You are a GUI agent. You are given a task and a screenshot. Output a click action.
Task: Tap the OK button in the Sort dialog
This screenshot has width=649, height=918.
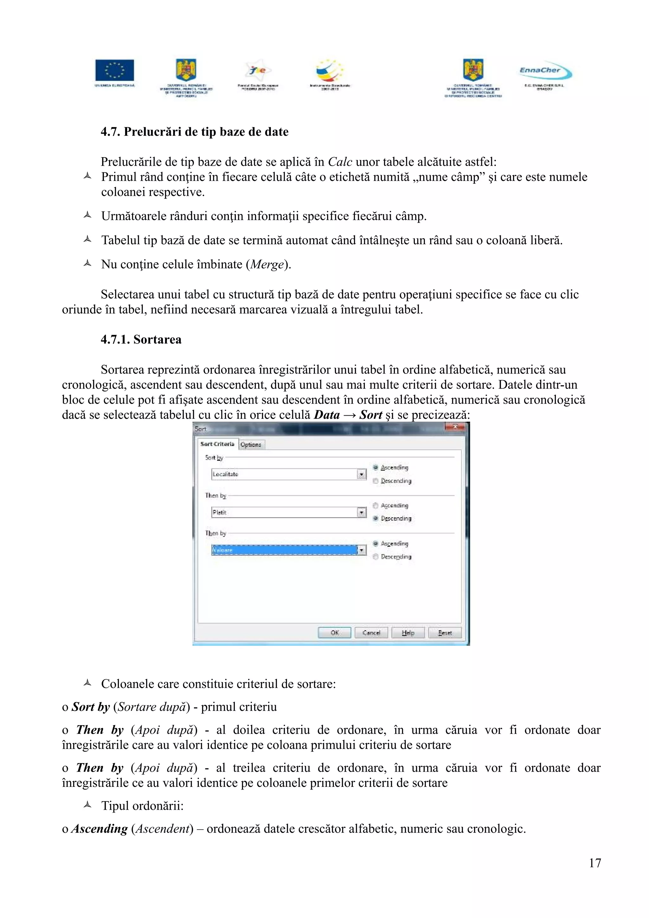pyautogui.click(x=334, y=633)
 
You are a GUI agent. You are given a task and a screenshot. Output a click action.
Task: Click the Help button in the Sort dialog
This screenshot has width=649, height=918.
pyautogui.click(x=408, y=633)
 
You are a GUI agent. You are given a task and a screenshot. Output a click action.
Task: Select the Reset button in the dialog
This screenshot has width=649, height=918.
pyautogui.click(x=445, y=633)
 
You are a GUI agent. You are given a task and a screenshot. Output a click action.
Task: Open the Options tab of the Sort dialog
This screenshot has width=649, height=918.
pyautogui.click(x=251, y=445)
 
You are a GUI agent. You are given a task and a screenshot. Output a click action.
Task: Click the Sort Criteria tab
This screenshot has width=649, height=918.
pyautogui.click(x=217, y=444)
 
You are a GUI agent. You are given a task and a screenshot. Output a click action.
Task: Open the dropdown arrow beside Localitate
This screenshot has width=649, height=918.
pyautogui.click(x=362, y=474)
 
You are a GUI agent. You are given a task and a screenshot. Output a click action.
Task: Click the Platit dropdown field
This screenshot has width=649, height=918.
pyautogui.click(x=284, y=512)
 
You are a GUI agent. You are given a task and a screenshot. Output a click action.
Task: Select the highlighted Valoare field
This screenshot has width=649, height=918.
pyautogui.click(x=284, y=550)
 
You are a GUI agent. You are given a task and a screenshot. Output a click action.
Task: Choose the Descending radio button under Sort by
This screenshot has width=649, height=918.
pyautogui.click(x=376, y=481)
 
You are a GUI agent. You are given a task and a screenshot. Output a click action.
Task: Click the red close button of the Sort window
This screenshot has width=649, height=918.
pyautogui.click(x=455, y=427)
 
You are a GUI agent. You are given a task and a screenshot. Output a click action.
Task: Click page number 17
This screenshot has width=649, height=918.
pyautogui.click(x=594, y=863)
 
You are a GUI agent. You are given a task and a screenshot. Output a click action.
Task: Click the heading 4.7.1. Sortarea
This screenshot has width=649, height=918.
pyautogui.click(x=141, y=340)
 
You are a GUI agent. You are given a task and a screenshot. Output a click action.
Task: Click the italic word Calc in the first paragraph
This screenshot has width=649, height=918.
pyautogui.click(x=340, y=162)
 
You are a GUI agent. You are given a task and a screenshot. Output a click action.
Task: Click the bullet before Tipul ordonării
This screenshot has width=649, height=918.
pyautogui.click(x=87, y=805)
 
